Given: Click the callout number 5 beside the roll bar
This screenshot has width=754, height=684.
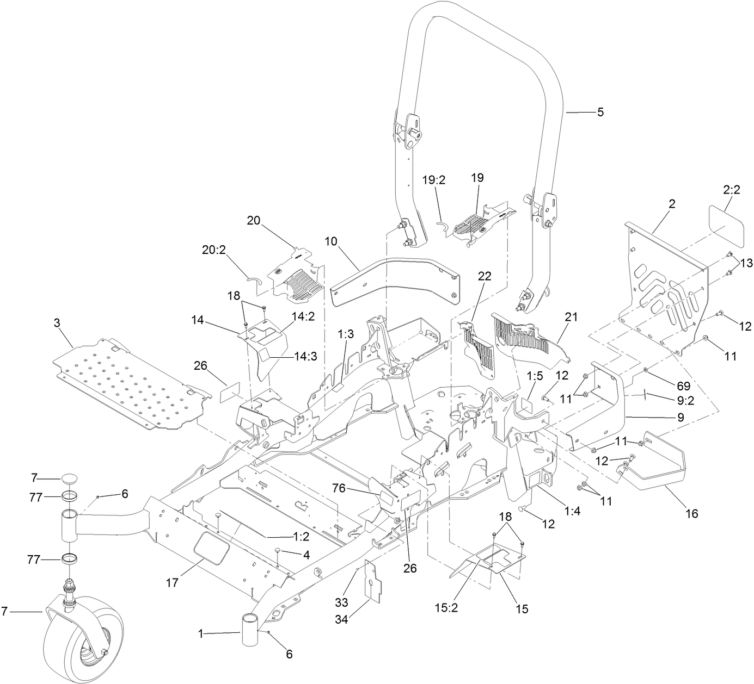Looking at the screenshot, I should point(600,112).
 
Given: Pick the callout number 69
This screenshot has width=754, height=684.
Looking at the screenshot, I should point(683,386).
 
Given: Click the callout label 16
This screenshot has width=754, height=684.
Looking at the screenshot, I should point(691,513).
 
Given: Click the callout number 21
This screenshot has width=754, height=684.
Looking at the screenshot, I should point(572,316).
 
